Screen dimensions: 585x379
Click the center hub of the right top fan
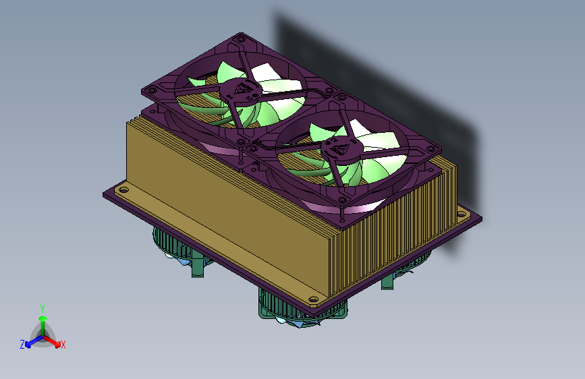coord(341,148)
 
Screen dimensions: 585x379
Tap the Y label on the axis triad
coord(43,309)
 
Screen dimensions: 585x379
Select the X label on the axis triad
coord(63,345)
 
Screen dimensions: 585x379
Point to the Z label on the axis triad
coord(22,345)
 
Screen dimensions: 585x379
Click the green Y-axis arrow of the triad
coord(43,326)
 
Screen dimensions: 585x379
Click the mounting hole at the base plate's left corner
coord(123,189)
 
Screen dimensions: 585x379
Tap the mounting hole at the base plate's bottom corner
coord(313,299)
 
